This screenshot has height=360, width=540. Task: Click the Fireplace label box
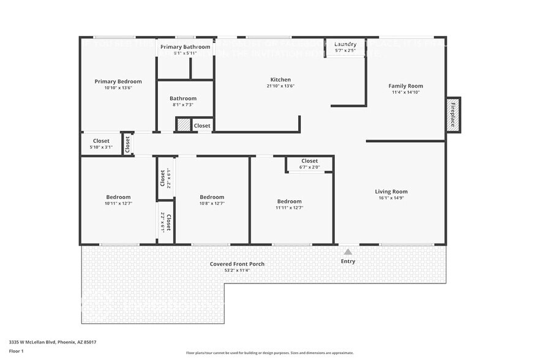click(x=453, y=114)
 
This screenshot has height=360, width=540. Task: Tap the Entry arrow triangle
click(x=348, y=252)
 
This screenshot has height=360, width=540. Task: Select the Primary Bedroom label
click(x=118, y=81)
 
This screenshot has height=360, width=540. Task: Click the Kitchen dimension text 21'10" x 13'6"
click(x=280, y=86)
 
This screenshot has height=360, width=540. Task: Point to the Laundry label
click(x=345, y=44)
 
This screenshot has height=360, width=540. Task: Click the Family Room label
click(x=407, y=86)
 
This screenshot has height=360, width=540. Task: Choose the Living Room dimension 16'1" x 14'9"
click(x=391, y=198)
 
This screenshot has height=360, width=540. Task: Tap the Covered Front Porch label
click(x=237, y=264)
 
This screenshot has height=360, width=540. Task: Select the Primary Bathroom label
click(x=185, y=47)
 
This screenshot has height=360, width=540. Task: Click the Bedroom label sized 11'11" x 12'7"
click(x=289, y=201)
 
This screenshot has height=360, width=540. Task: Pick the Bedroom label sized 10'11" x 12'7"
click(x=118, y=197)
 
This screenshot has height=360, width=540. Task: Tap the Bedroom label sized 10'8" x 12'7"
click(x=212, y=197)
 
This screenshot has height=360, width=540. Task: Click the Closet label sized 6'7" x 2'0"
click(x=309, y=161)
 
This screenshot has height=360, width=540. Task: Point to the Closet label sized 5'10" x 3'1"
click(x=101, y=141)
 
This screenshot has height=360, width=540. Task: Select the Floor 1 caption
click(x=16, y=351)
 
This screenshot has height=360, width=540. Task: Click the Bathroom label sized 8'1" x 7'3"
click(x=183, y=98)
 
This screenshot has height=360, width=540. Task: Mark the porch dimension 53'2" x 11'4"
click(x=237, y=270)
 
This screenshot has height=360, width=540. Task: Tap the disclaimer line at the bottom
click(x=269, y=353)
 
